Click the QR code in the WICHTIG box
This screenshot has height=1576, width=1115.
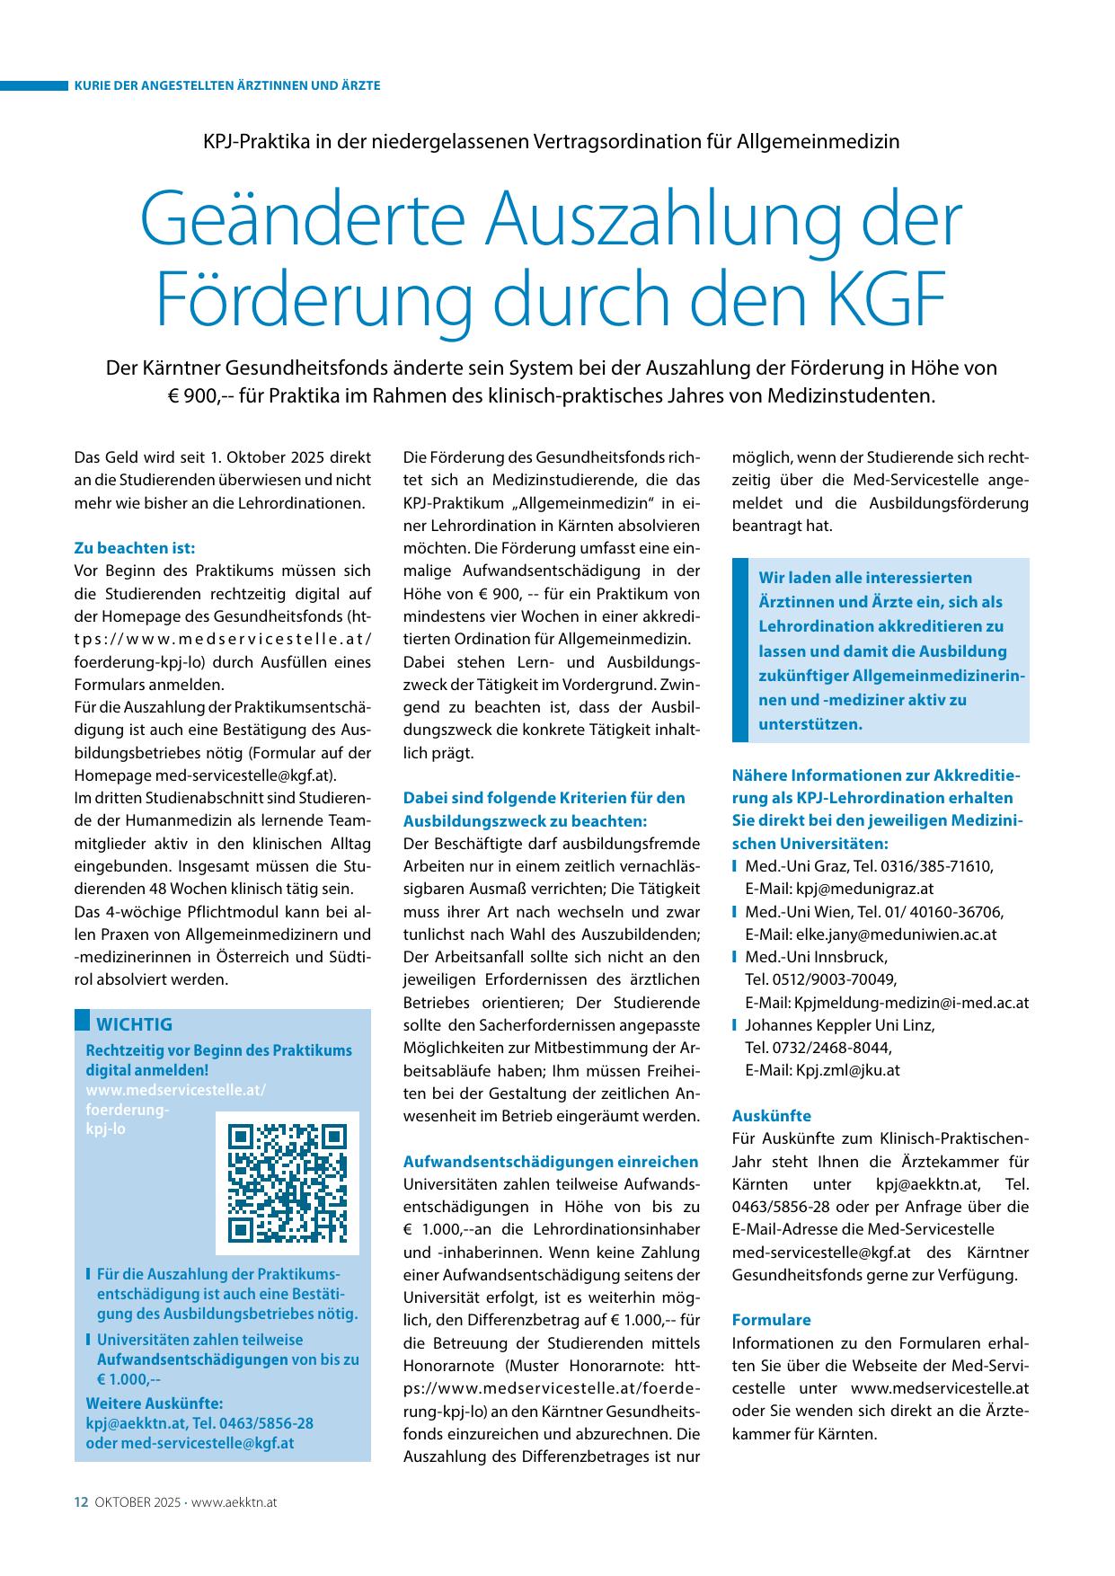pos(288,1182)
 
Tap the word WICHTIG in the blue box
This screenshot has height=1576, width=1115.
pos(134,1024)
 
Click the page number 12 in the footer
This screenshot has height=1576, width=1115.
pos(80,1501)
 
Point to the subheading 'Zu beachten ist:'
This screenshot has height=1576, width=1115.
pos(134,548)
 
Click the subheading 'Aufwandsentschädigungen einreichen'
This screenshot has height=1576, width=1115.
pos(551,1162)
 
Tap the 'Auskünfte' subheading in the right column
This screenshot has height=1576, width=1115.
pos(771,1116)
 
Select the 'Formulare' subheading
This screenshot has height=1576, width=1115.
pos(771,1320)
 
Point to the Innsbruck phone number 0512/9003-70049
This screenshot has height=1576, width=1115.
pos(820,979)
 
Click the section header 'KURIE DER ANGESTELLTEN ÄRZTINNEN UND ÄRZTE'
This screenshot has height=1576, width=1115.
pos(227,85)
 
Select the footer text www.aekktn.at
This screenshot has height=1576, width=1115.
pos(234,1501)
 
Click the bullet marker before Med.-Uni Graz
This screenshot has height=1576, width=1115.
pos(735,866)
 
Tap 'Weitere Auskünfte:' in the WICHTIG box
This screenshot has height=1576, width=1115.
pos(155,1403)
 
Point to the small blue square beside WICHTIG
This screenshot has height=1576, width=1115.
pos(82,1020)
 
